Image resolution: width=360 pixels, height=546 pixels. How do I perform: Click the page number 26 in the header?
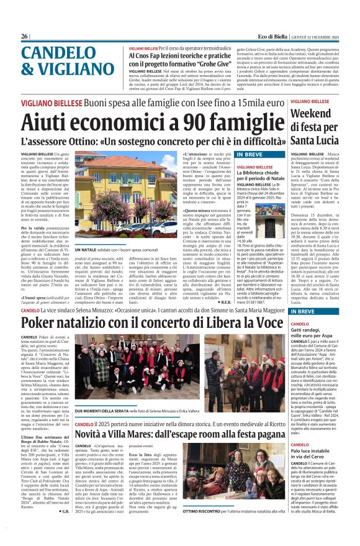24,37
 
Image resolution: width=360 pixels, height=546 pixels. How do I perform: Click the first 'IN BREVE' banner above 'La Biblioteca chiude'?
249,155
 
